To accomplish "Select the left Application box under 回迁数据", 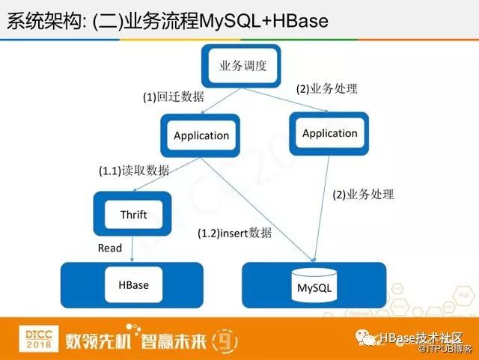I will pyautogui.click(x=201, y=135).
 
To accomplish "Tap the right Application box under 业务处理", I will pyautogui.click(x=329, y=133).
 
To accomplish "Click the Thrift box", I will pyautogui.click(x=133, y=215).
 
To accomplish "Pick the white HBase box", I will pyautogui.click(x=133, y=285).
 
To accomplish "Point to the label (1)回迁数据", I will pyautogui.click(x=173, y=97).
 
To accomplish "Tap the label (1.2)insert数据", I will pyautogui.click(x=234, y=233).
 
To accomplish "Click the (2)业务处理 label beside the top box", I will pyautogui.click(x=326, y=88).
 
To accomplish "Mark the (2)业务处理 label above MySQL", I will pyautogui.click(x=362, y=195).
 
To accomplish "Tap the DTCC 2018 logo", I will pyautogui.click(x=28, y=337).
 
